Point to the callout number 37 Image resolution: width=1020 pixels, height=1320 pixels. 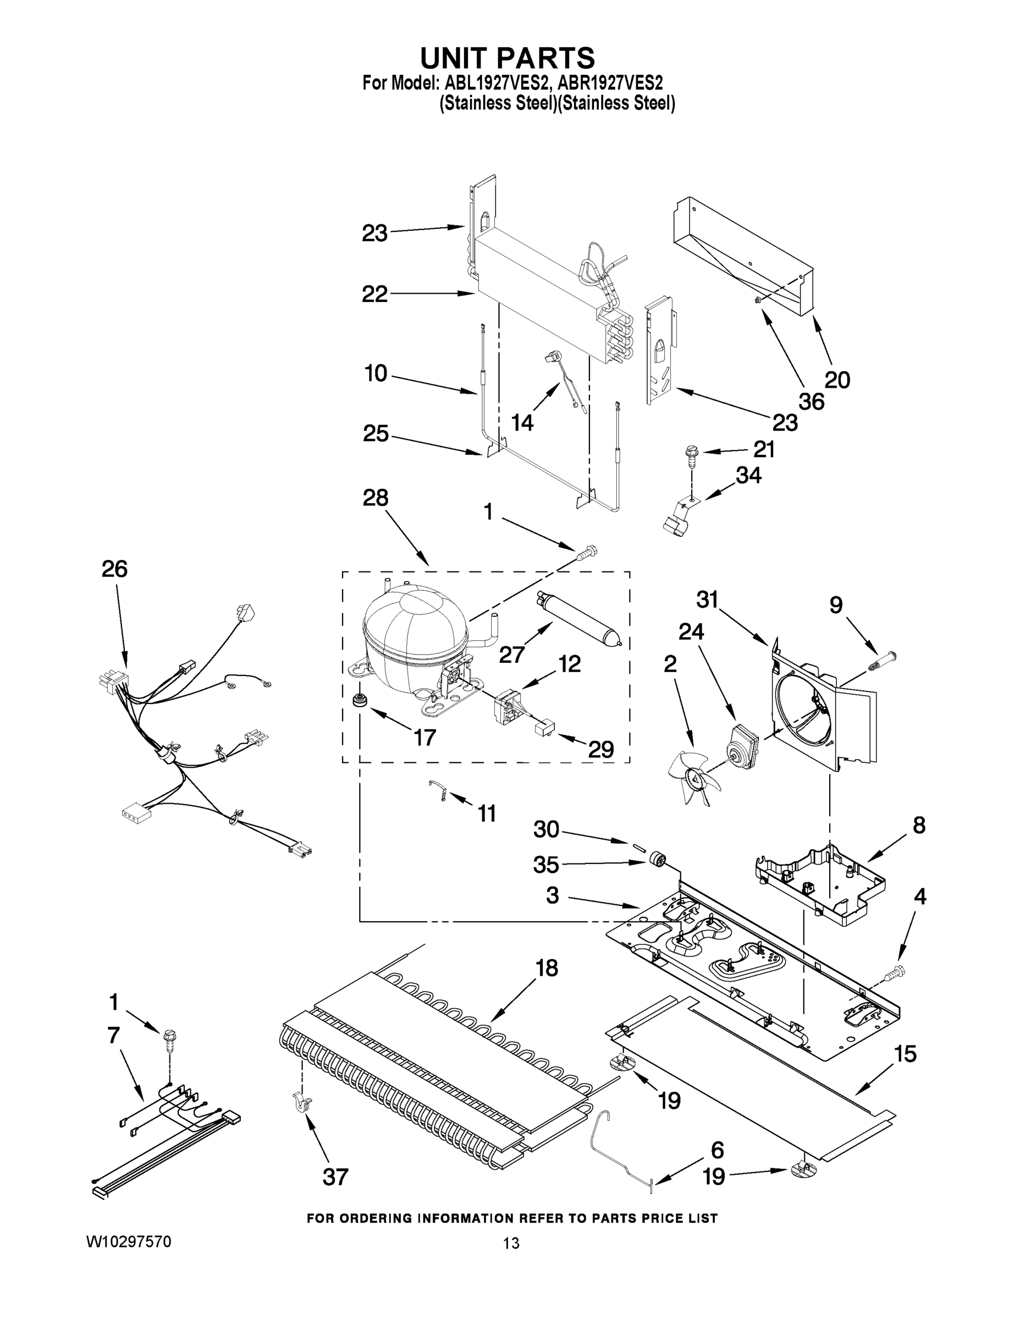pyautogui.click(x=335, y=1177)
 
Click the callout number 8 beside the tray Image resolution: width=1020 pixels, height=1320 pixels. pyautogui.click(x=918, y=825)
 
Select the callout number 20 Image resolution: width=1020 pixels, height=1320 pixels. pyautogui.click(x=837, y=380)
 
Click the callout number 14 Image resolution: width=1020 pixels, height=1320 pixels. pyautogui.click(x=522, y=422)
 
